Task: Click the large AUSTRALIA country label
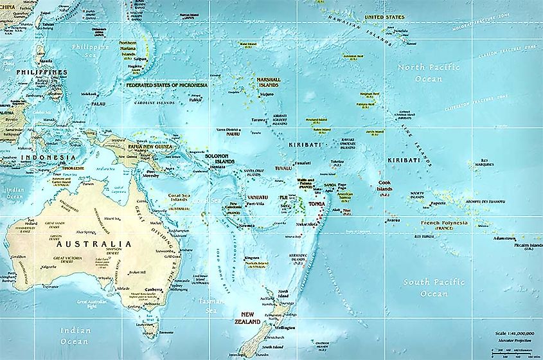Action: point(94,244)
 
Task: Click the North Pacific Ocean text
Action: point(420,73)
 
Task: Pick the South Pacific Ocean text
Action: point(425,287)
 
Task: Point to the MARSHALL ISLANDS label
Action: point(268,82)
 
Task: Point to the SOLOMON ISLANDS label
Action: point(220,159)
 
